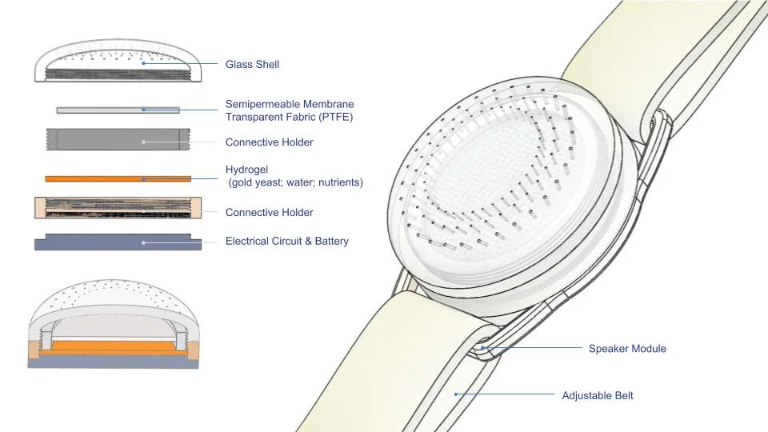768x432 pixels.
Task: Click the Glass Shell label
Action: point(252,64)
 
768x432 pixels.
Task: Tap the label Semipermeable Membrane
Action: point(290,104)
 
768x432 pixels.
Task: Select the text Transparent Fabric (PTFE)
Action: point(289,117)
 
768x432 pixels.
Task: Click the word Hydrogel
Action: point(246,170)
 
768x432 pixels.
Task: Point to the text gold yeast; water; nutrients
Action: point(296,182)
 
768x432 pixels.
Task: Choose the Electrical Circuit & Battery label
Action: point(287,241)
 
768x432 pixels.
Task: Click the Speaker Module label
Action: point(627,349)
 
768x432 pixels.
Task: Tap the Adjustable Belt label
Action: point(598,395)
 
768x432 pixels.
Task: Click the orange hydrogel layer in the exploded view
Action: point(118,178)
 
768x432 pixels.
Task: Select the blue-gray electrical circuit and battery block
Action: point(118,242)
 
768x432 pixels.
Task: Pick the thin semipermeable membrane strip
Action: point(118,110)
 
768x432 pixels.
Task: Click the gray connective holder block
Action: point(118,139)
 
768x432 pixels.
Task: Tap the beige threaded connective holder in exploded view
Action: point(118,208)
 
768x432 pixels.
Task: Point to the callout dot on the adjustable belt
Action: point(455,394)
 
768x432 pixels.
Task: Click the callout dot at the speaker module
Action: point(482,348)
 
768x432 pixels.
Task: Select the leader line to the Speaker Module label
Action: point(533,348)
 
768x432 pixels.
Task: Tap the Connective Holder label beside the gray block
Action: point(269,142)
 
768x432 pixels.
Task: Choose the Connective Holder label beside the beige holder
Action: point(269,212)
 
